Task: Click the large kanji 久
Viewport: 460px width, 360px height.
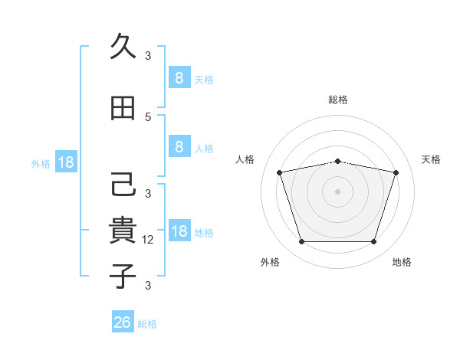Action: click(123, 46)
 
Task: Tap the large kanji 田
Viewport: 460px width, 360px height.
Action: click(123, 108)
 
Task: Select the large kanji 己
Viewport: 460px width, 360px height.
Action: click(123, 184)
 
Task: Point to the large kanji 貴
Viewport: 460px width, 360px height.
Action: click(123, 230)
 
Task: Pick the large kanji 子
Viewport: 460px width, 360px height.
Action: click(123, 276)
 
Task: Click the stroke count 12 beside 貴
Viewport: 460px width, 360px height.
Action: click(147, 240)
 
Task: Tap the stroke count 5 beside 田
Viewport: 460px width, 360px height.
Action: click(148, 117)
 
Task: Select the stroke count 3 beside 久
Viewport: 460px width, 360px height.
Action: click(148, 55)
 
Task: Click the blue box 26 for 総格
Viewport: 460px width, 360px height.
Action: click(123, 321)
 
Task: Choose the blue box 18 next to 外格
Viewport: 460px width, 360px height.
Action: click(66, 162)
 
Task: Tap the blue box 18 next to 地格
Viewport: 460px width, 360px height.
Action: click(179, 230)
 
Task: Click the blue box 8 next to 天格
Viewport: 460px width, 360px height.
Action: click(179, 77)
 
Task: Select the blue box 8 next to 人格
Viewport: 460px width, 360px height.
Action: click(179, 146)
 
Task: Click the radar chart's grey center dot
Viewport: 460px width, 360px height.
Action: click(337, 191)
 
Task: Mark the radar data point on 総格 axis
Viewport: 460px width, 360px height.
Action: click(337, 162)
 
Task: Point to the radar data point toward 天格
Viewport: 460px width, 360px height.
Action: click(396, 172)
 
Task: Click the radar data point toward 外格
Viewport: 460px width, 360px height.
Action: click(301, 241)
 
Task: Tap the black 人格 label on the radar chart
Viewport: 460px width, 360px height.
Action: click(245, 159)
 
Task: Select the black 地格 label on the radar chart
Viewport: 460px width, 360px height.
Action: click(402, 262)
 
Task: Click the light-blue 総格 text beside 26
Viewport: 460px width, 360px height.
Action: click(147, 324)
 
